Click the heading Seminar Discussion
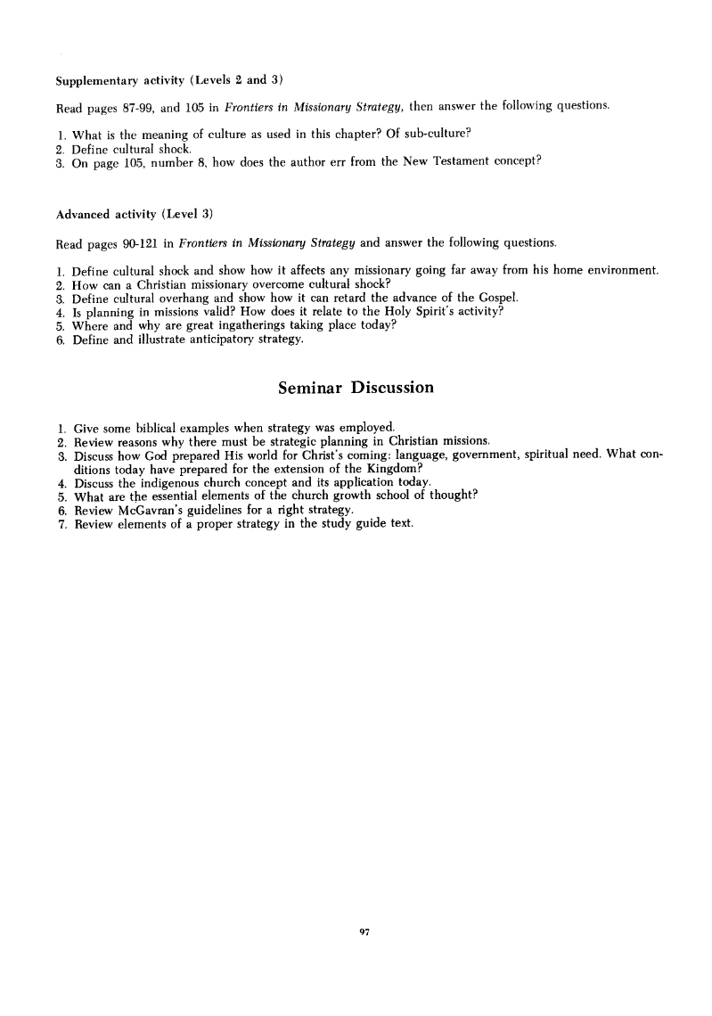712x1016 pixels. pos(356,388)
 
